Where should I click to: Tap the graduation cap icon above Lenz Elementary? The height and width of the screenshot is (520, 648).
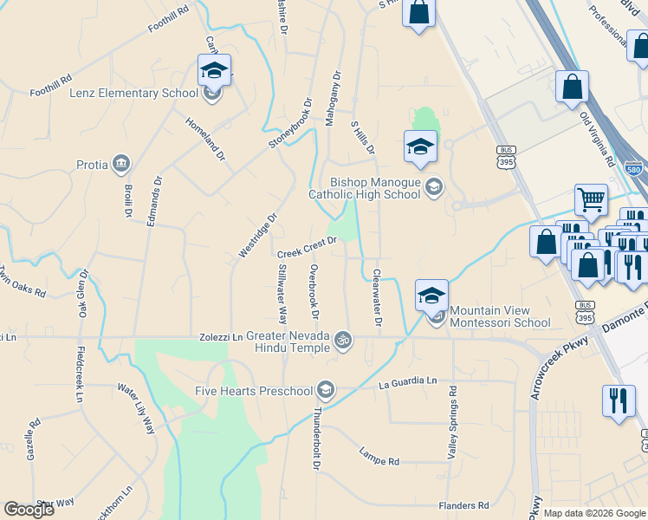click(214, 70)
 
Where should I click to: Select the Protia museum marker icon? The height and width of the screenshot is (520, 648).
click(121, 164)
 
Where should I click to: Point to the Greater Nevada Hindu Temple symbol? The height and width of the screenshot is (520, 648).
click(343, 339)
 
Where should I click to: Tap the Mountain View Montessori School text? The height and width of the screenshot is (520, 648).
click(500, 316)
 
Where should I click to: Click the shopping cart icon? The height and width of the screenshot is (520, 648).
click(591, 199)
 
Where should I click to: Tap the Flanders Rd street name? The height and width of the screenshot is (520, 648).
click(464, 505)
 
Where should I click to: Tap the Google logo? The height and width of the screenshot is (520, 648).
click(29, 510)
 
